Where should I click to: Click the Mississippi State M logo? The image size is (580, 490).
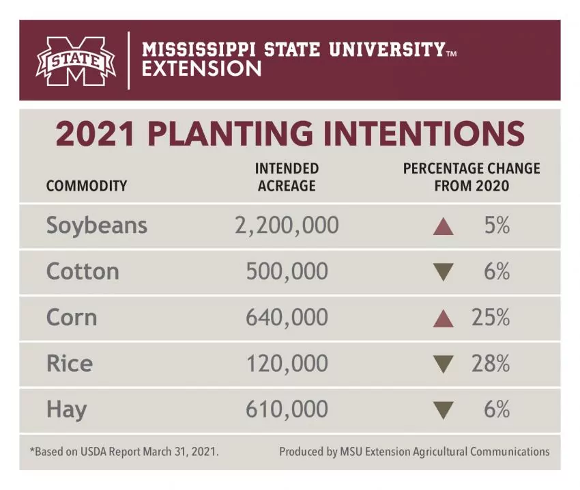76,61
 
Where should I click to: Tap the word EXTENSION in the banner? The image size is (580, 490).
201,69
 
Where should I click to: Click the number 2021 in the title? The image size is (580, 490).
96,134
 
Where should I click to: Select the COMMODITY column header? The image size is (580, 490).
87,185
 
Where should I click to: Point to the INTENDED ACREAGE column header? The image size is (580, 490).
287,176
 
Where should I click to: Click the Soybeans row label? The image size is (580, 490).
97,226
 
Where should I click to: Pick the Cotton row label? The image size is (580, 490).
83,272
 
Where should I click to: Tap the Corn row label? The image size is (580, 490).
72,318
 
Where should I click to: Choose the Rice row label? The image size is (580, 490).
69,364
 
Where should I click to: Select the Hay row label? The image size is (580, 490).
67,410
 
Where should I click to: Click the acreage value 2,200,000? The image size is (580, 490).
287,226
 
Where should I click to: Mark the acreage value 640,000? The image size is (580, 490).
287,318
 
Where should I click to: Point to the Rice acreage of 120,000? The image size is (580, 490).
287,364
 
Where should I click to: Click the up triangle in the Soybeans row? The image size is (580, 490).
444,226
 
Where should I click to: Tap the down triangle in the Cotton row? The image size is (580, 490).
444,273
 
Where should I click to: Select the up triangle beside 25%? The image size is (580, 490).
444,318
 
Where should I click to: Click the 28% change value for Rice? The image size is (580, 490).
491,364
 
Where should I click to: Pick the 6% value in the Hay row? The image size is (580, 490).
497,410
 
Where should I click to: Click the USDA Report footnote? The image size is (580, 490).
124,452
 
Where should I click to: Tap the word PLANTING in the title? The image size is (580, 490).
243,134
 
